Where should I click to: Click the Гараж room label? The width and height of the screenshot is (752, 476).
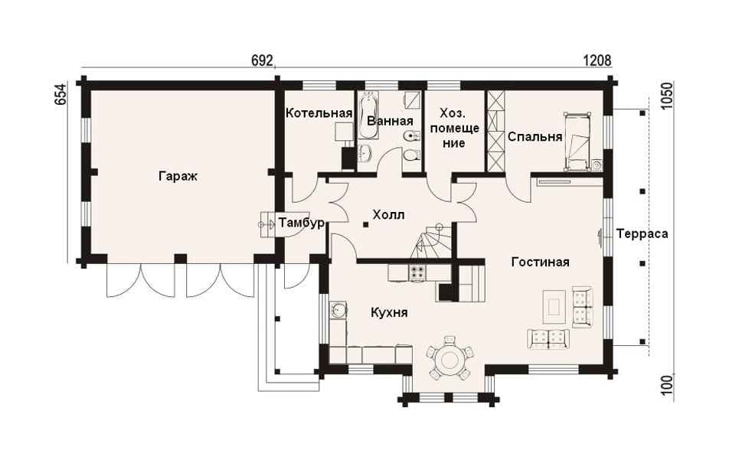click(178, 177)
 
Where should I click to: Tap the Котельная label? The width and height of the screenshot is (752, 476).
click(319, 113)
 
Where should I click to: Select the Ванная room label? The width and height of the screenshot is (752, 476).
click(390, 121)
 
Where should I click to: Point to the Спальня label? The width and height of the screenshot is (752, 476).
click(535, 137)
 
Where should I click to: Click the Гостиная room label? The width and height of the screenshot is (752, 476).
click(541, 262)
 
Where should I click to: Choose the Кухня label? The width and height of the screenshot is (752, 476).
click(390, 313)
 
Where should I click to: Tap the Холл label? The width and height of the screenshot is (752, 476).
click(388, 215)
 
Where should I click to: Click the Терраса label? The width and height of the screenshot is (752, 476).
click(642, 234)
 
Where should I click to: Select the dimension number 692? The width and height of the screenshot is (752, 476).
click(262, 60)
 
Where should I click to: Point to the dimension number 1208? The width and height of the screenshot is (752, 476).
click(597, 60)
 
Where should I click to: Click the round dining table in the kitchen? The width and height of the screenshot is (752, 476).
click(450, 359)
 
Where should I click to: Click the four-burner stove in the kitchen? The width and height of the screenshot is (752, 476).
click(416, 273)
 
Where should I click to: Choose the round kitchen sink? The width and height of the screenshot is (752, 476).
click(338, 311)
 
